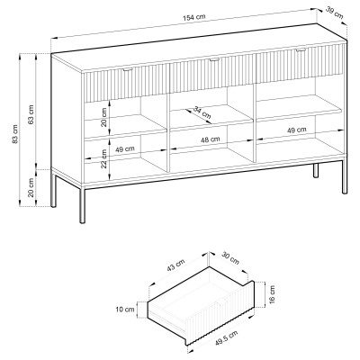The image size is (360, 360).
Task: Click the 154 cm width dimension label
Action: [x=194, y=17]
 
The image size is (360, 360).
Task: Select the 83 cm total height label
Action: [x=15, y=133]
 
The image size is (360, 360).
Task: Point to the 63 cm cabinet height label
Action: [x=31, y=114]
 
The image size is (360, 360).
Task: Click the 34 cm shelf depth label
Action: [x=202, y=112]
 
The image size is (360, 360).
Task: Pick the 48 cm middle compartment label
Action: [x=211, y=139]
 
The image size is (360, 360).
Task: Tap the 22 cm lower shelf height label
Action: [x=103, y=158]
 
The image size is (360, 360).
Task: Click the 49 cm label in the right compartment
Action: [x=297, y=130]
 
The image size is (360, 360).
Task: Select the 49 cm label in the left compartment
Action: [x=125, y=149]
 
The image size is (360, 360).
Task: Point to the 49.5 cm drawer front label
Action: [x=226, y=337]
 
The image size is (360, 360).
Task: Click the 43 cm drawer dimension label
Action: [x=175, y=265]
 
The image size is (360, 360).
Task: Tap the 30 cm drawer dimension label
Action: [x=230, y=258]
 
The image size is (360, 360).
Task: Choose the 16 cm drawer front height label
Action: [x=272, y=294]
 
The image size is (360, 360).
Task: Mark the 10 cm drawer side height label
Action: [x=125, y=310]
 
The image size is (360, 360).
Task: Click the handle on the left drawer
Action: [x=128, y=70]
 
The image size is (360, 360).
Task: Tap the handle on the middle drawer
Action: [x=214, y=60]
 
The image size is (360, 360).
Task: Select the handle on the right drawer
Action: [x=301, y=50]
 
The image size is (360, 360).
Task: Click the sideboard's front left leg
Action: [x=82, y=205]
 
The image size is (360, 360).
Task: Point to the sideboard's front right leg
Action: [x=345, y=176]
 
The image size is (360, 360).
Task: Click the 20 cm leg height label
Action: [x=31, y=187]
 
